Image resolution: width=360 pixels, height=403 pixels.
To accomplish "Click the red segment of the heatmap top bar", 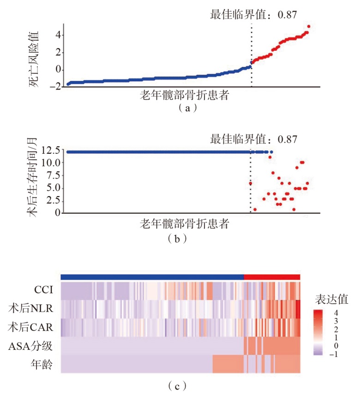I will [272, 276].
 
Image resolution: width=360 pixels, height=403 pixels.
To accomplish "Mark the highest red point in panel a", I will [308, 26].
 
